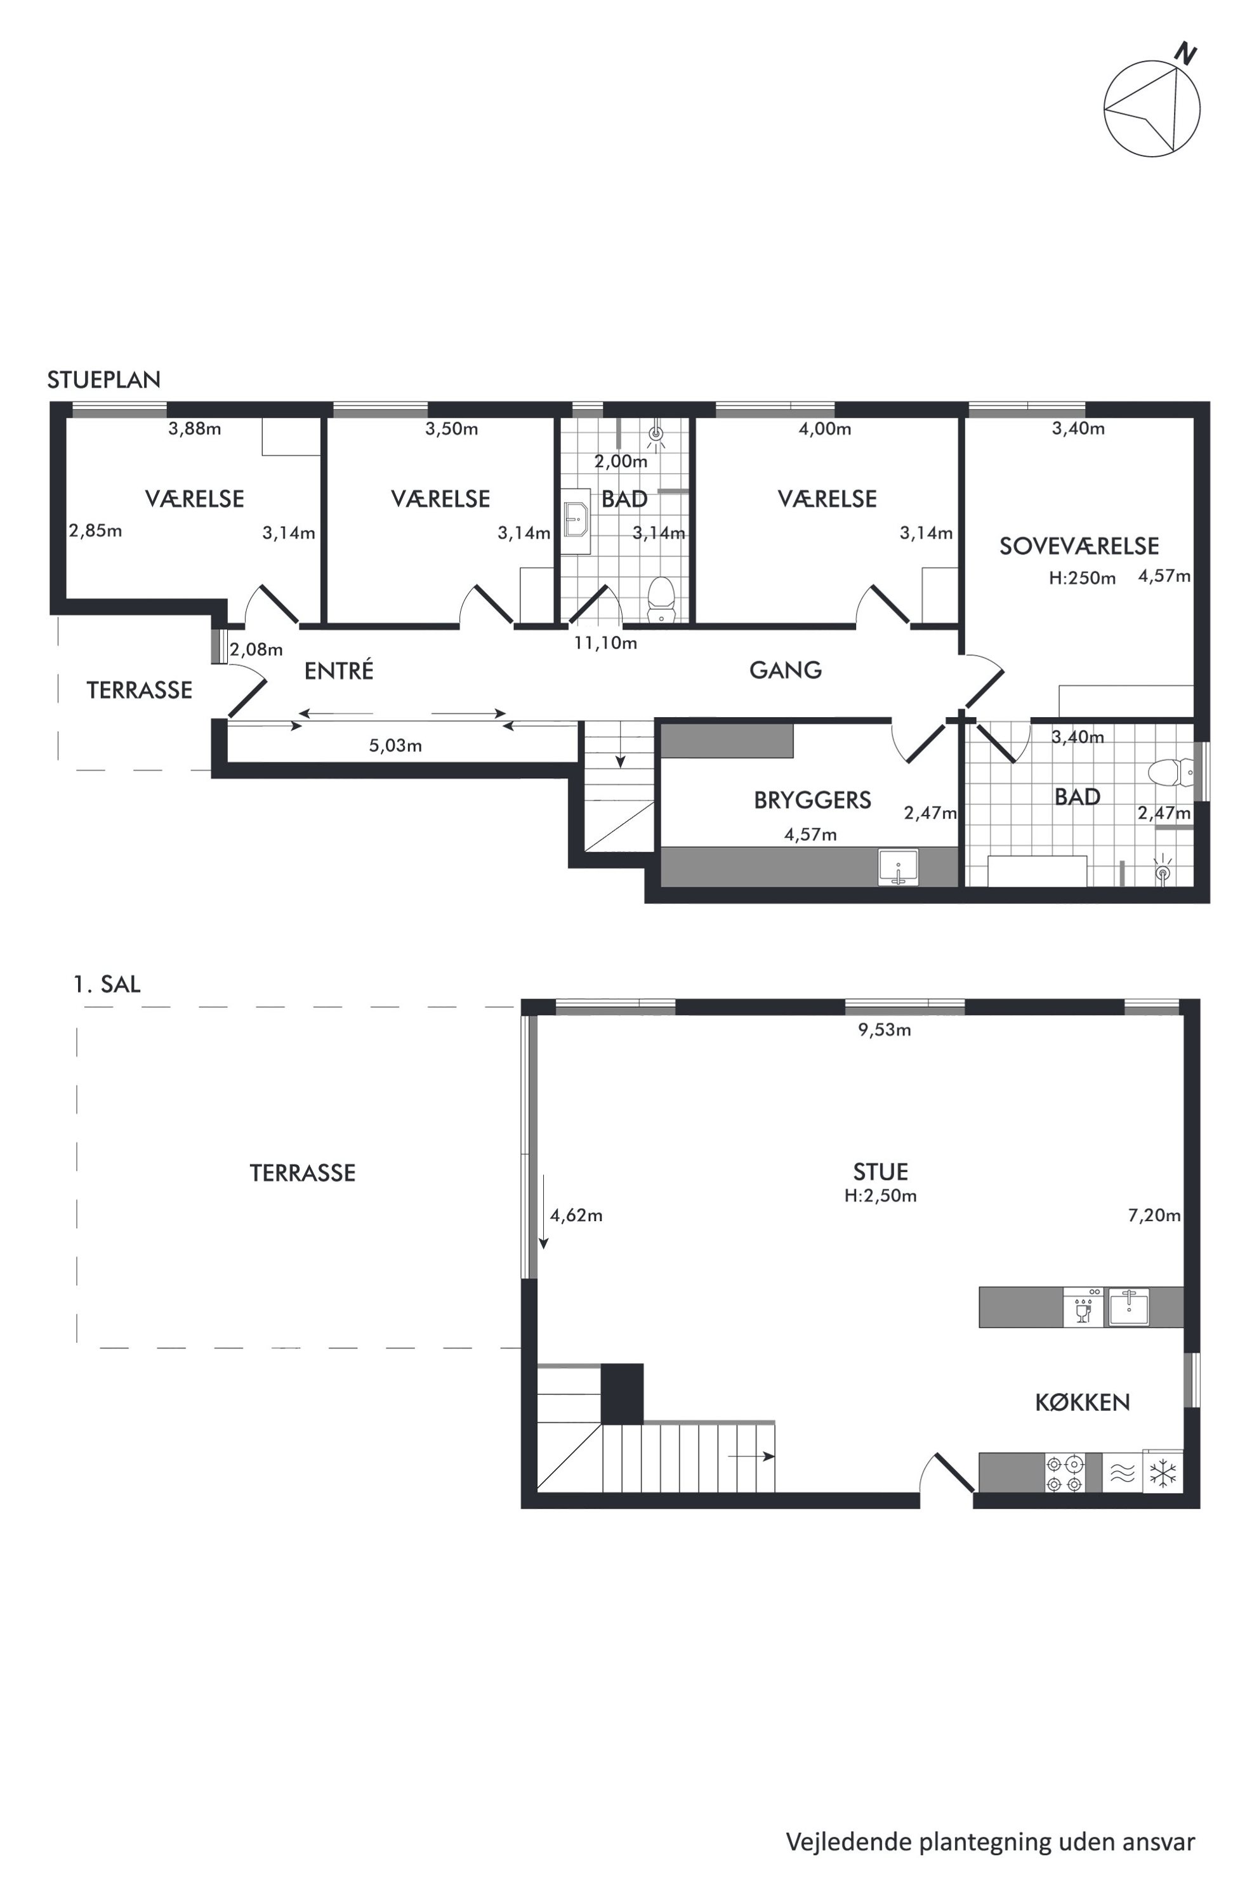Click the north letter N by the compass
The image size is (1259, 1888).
point(1186,54)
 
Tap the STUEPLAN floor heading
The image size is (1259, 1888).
point(103,380)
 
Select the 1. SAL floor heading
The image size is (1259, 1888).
point(107,984)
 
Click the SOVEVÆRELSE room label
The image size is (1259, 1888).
point(1079,546)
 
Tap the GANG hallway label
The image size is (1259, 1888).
point(785,670)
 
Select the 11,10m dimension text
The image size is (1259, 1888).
point(605,644)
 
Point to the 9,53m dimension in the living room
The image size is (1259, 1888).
point(885,1029)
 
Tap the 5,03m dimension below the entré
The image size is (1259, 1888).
point(395,745)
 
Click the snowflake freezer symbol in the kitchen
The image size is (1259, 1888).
point(1163,1474)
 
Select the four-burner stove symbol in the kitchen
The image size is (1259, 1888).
point(1065,1474)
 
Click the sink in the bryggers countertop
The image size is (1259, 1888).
point(899,868)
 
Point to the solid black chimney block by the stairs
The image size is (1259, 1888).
point(623,1394)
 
